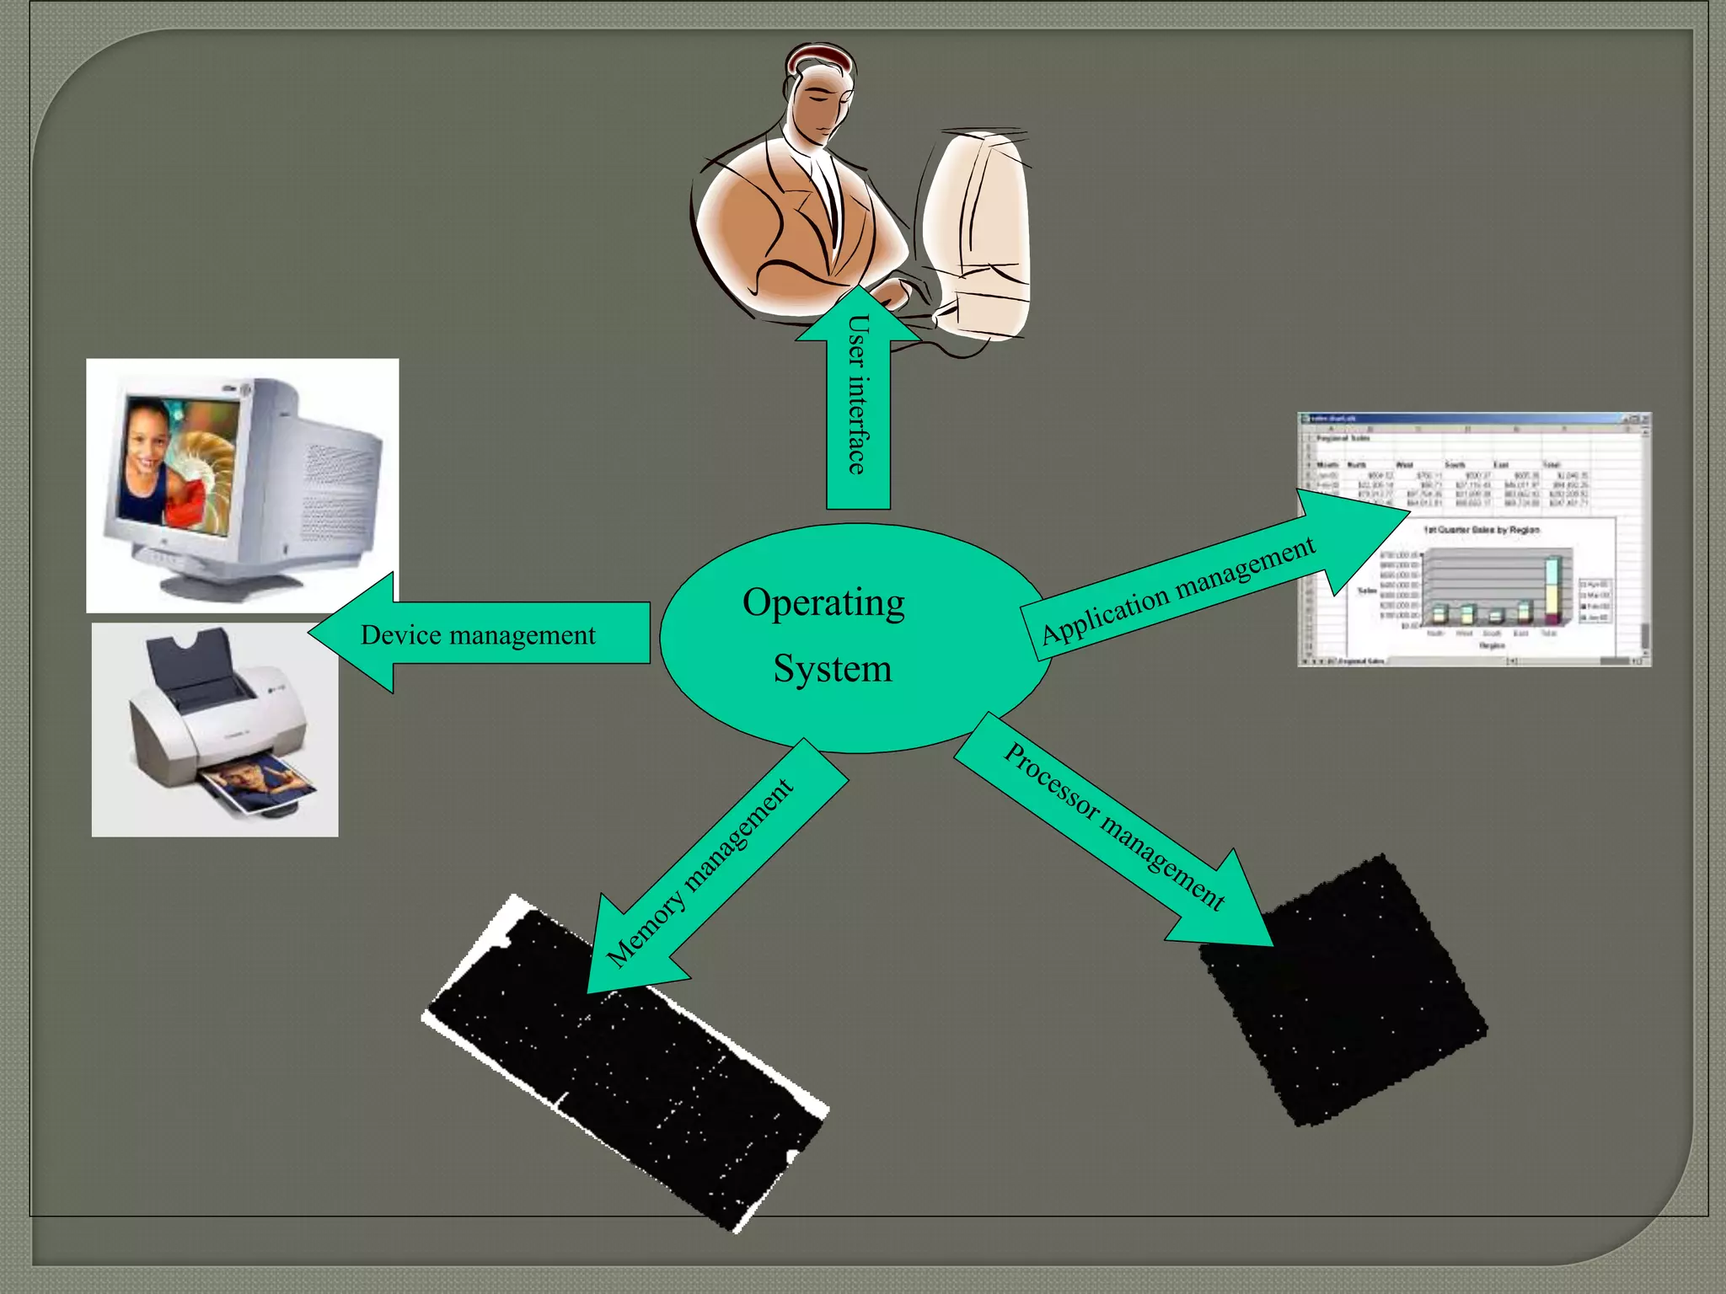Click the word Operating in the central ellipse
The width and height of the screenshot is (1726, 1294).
pos(823,604)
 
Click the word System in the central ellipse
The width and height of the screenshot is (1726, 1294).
pos(832,669)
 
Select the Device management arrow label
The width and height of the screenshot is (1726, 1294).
pos(478,634)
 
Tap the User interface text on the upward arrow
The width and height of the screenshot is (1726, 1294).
pos(857,394)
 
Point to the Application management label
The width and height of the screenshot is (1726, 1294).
pos(1177,590)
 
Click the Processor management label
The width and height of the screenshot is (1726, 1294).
pos(1114,826)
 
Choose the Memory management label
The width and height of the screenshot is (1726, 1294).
pos(700,871)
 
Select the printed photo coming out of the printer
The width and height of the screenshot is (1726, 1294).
pos(261,781)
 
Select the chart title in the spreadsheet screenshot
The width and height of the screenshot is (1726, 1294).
pos(1481,530)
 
